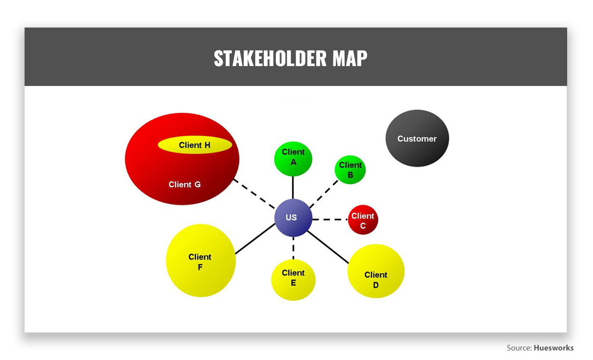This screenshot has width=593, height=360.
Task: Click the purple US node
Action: [293, 218]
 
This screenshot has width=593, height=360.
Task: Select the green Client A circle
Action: [293, 159]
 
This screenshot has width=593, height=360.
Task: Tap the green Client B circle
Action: [350, 170]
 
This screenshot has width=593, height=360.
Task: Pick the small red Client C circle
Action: [363, 220]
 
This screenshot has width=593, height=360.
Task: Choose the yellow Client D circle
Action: [376, 271]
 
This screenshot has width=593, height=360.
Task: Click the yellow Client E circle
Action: [293, 280]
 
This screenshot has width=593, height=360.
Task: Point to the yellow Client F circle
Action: [201, 260]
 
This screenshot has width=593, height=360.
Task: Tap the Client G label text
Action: [185, 185]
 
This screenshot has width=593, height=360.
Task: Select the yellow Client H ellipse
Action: [195, 145]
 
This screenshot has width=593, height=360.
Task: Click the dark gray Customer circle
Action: [417, 138]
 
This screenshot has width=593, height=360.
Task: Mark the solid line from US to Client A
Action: [293, 188]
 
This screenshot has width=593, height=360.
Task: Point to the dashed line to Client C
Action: [330, 219]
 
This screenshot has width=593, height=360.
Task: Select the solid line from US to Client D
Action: [328, 247]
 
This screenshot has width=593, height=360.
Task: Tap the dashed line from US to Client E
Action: [293, 248]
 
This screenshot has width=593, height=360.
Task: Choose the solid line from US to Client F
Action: [255, 239]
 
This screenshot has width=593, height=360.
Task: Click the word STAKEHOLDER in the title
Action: [270, 58]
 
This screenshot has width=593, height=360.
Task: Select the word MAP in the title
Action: [350, 58]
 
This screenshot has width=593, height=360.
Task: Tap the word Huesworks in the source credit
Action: [554, 348]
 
